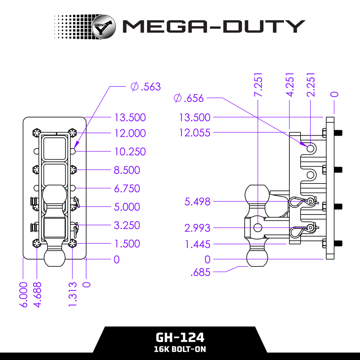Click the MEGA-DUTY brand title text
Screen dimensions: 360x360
(213, 27)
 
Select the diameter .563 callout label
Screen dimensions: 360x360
(146, 86)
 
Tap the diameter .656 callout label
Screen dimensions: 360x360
(189, 98)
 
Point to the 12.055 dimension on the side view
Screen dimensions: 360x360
(195, 133)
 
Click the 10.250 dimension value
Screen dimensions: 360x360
(130, 152)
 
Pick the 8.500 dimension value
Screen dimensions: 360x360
(127, 170)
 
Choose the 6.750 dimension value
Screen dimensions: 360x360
(127, 189)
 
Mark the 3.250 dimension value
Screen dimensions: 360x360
(127, 225)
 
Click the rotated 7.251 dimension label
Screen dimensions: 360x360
(258, 85)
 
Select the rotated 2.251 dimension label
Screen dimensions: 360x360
(310, 85)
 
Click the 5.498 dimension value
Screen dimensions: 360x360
(198, 202)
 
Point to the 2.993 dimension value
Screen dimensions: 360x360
(198, 228)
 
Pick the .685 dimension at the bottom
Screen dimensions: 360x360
(200, 272)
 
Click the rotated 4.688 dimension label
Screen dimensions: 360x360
(37, 294)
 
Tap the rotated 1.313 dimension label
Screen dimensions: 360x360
(73, 294)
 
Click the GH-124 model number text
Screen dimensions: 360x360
(180, 338)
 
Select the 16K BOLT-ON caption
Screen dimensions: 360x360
(180, 349)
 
